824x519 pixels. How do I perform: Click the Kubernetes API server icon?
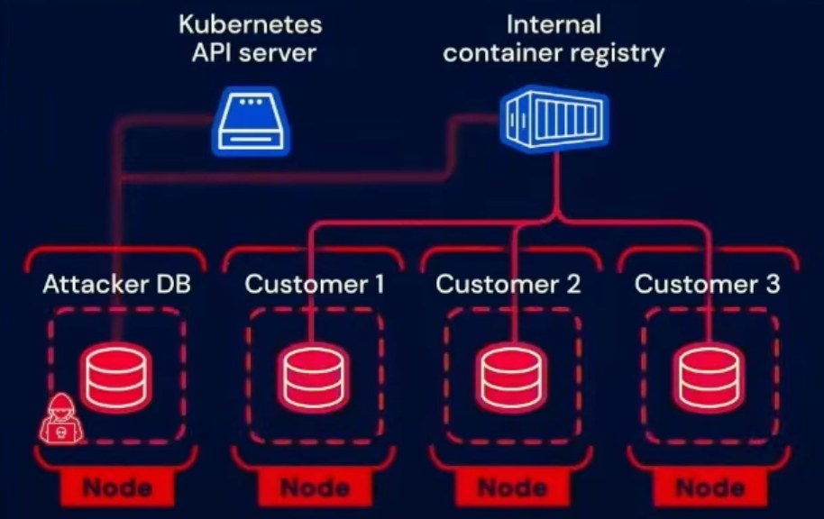[x=252, y=123]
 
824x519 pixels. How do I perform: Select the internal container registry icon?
[x=554, y=119]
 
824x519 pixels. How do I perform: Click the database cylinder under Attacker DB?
[x=117, y=376]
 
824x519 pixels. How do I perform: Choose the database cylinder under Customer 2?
[x=511, y=376]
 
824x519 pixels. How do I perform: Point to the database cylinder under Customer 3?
[x=709, y=376]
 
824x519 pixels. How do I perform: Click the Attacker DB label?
[x=117, y=285]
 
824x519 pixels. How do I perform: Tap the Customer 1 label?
[x=315, y=285]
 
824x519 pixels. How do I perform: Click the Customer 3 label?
[x=708, y=285]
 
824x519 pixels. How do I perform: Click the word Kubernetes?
[x=251, y=23]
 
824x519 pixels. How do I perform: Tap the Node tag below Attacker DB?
[x=117, y=488]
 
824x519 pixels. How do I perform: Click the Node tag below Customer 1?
[x=315, y=488]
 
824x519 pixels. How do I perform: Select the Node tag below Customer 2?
[x=511, y=488]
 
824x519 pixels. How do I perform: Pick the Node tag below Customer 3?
[x=709, y=488]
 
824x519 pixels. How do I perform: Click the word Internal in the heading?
[x=554, y=23]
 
